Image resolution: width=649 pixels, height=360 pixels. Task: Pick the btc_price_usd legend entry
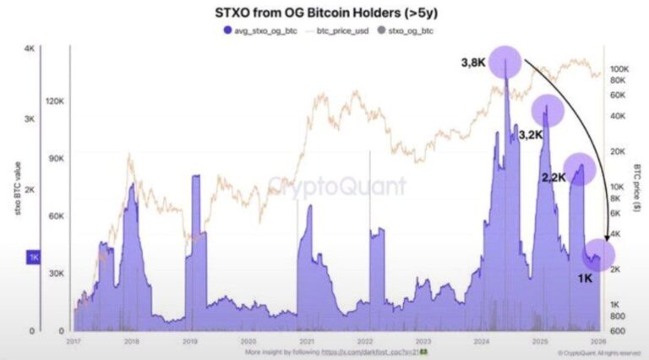coord(347,30)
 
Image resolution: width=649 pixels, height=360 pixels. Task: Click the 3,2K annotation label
coord(532,135)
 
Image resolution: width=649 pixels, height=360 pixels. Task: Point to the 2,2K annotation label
coord(554,178)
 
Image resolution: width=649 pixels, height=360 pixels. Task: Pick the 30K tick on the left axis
coord(55,274)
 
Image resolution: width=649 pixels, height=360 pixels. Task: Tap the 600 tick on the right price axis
coord(617,330)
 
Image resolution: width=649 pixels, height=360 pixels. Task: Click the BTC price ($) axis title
coord(640,189)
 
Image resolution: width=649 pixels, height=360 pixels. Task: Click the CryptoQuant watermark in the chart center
coord(337,186)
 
